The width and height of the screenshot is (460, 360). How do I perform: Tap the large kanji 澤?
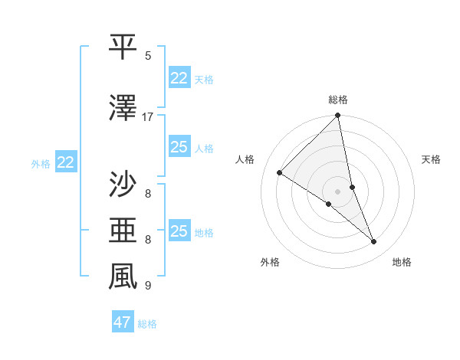click(x=123, y=109)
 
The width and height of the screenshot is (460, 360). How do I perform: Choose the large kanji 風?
click(x=123, y=277)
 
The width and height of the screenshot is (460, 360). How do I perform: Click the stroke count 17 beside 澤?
click(x=148, y=117)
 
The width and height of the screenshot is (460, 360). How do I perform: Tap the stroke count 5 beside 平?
click(x=148, y=56)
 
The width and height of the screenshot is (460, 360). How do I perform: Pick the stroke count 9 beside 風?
click(x=148, y=286)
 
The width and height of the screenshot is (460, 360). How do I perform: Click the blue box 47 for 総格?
click(x=123, y=322)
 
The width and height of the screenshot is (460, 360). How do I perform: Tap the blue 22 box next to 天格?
click(x=179, y=78)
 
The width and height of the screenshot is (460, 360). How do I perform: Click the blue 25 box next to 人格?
click(x=179, y=147)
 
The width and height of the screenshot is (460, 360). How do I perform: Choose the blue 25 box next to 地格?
click(x=179, y=231)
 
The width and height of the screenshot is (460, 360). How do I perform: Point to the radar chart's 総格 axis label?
click(x=338, y=100)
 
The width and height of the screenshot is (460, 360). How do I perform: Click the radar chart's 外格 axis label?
click(x=270, y=262)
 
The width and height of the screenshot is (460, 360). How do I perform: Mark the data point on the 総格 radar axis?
click(x=338, y=116)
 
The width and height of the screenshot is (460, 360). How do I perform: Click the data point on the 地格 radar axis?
click(x=374, y=242)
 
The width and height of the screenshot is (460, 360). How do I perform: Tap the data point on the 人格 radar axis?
click(x=280, y=173)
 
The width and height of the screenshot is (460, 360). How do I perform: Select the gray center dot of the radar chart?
click(x=338, y=191)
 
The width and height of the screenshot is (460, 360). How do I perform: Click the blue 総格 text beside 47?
click(x=148, y=324)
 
